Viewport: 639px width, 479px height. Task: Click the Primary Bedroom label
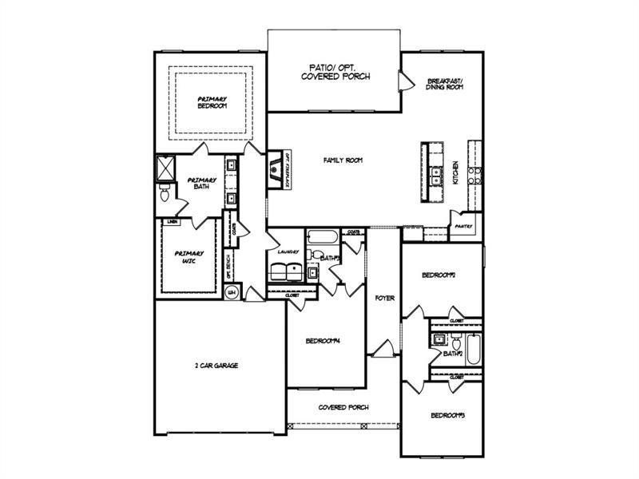212,102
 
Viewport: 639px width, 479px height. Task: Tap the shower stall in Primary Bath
165,168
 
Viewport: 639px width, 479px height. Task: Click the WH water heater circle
232,292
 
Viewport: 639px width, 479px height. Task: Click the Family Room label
343,160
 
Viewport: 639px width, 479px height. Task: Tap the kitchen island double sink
436,176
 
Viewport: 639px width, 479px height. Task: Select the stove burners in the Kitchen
475,175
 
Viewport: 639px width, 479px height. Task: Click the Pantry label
463,226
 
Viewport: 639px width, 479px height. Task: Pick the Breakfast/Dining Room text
445,84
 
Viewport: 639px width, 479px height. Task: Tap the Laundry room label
288,251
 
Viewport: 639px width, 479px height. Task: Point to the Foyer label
384,298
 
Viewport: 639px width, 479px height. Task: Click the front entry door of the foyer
382,349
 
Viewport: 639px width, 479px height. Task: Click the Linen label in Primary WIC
172,221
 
